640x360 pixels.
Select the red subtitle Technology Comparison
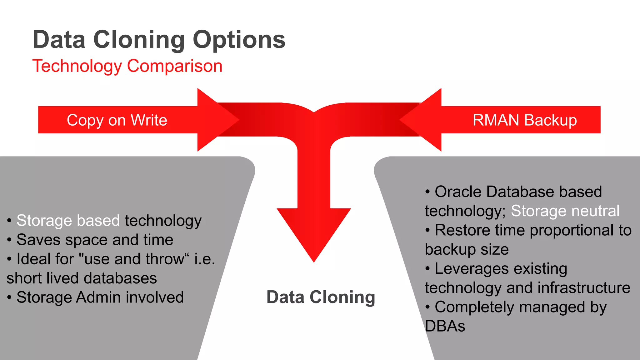coord(127,66)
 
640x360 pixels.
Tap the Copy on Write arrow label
coord(117,120)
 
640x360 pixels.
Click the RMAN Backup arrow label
coord(524,120)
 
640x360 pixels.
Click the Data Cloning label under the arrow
coord(321,297)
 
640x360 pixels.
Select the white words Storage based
coord(68,221)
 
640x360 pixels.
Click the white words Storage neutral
coord(565,211)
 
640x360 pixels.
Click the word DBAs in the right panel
coord(445,326)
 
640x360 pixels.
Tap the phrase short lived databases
coord(82,278)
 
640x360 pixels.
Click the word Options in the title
coord(239,40)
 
